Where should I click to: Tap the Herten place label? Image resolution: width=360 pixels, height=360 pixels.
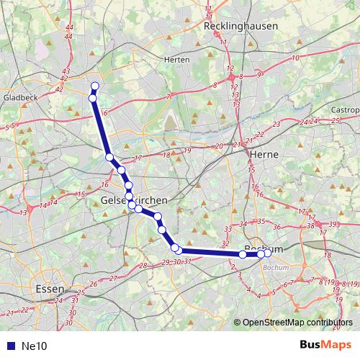pyautogui.click(x=176, y=60)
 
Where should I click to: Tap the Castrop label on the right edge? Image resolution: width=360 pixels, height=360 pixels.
pyautogui.click(x=345, y=109)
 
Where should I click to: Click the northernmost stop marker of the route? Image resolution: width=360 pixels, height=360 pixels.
pyautogui.click(x=94, y=87)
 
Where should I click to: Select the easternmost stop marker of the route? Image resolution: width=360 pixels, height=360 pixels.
pyautogui.click(x=267, y=253)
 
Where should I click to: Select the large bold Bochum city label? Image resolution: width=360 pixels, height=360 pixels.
pyautogui.click(x=261, y=248)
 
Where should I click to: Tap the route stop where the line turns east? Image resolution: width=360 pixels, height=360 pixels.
pyautogui.click(x=175, y=248)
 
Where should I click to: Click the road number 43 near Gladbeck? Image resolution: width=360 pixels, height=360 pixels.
pyautogui.click(x=66, y=71)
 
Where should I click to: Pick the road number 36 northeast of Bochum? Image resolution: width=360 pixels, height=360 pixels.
pyautogui.click(x=276, y=228)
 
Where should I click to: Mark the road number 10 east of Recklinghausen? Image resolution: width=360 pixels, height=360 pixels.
pyautogui.click(x=295, y=58)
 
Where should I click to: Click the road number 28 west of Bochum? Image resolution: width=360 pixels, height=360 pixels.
pyautogui.click(x=143, y=266)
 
